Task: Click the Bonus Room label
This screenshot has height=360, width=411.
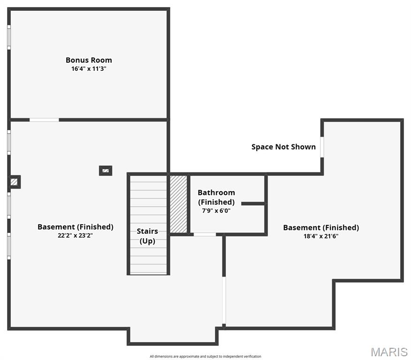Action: tap(89, 60)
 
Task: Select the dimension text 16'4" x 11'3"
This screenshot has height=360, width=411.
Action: tap(89, 68)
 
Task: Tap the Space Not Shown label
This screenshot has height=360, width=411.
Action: tap(283, 147)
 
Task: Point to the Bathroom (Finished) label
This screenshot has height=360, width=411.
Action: tap(216, 197)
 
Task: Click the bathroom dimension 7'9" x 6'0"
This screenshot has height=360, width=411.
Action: tap(216, 210)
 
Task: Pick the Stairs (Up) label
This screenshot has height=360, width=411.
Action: tap(147, 236)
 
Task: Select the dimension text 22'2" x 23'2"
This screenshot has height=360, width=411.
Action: tap(75, 235)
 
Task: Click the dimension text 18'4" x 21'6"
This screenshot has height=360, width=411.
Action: tap(321, 236)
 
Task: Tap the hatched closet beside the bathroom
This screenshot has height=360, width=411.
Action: tap(178, 203)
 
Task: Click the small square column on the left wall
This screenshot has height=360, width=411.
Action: tap(15, 181)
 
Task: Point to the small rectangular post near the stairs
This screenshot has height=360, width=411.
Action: tap(106, 171)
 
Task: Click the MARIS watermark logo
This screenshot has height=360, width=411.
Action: tap(389, 352)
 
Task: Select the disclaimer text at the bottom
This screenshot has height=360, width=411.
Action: tap(205, 357)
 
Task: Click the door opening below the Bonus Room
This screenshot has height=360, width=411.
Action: tap(44, 120)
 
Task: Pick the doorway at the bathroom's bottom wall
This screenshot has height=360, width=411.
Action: tap(205, 234)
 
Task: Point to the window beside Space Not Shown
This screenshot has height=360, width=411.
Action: tap(322, 147)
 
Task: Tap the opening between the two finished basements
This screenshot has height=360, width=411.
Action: tap(224, 300)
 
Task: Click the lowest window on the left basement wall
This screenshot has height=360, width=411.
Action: tap(9, 246)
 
